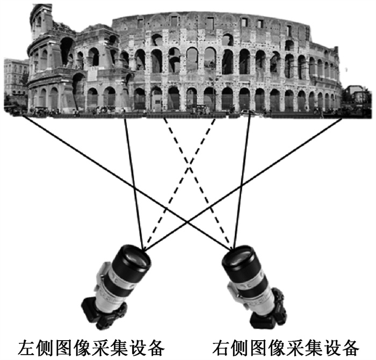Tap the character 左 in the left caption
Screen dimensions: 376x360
[x=27, y=346]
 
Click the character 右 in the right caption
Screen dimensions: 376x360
[x=221, y=346]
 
